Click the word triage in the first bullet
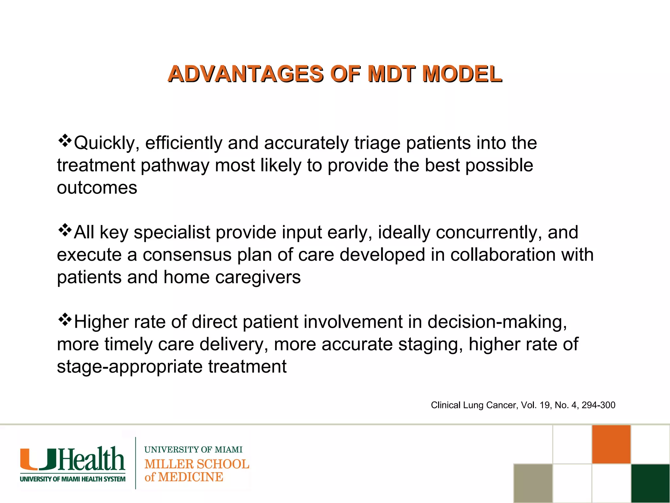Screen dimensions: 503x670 (377, 143)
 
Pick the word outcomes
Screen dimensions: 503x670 (97, 188)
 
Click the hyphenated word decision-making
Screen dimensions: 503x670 (497, 322)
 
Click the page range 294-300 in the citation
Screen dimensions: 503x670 (598, 405)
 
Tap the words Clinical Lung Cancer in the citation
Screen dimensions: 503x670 (474, 405)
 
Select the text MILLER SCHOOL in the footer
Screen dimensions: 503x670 (197, 464)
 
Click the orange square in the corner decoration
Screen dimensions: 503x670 (611, 444)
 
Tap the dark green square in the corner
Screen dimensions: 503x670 (650, 483)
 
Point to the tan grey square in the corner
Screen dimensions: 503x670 (533, 483)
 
